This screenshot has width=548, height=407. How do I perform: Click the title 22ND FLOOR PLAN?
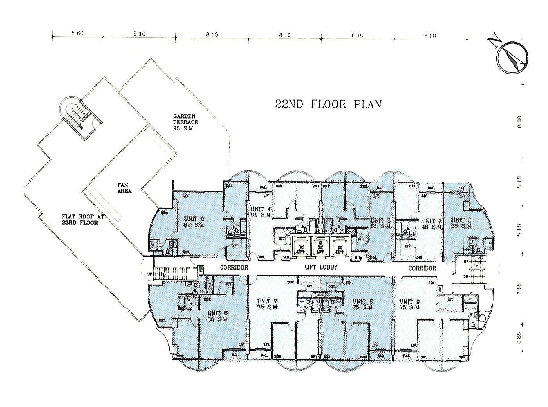[328, 104]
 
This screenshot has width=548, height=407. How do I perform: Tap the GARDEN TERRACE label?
[186, 122]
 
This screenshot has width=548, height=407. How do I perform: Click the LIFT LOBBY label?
[321, 268]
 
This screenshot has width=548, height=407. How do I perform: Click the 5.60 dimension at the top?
[78, 34]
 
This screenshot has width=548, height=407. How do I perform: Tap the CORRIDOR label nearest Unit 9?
[422, 268]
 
